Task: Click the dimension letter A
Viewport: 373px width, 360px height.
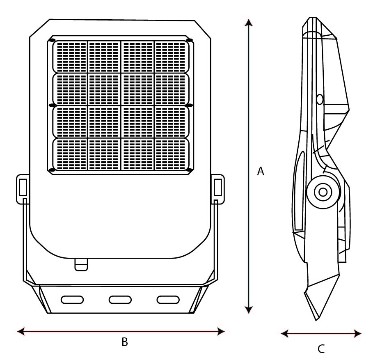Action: [261, 171]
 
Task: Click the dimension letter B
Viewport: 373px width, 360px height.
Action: [125, 342]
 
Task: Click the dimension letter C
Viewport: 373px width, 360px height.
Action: [321, 349]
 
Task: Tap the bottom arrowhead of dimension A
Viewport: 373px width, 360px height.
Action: [249, 310]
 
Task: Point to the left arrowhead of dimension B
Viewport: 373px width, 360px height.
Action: [21, 331]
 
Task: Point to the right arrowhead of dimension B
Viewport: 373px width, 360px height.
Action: [221, 331]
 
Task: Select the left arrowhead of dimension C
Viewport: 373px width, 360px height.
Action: [285, 333]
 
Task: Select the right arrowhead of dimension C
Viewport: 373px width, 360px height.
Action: [357, 333]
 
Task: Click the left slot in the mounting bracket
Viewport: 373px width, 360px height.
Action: [72, 300]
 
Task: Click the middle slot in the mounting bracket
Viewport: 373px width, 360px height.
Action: [120, 300]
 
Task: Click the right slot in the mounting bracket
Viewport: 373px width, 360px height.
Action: [168, 300]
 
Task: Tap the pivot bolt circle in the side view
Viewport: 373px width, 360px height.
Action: [323, 192]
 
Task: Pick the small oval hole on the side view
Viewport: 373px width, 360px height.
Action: [320, 99]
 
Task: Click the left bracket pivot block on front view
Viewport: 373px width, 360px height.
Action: [23, 189]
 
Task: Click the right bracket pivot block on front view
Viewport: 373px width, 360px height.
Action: [217, 189]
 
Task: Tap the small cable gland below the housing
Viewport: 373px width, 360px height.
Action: [81, 265]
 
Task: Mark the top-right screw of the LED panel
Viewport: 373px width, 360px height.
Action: [189, 40]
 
